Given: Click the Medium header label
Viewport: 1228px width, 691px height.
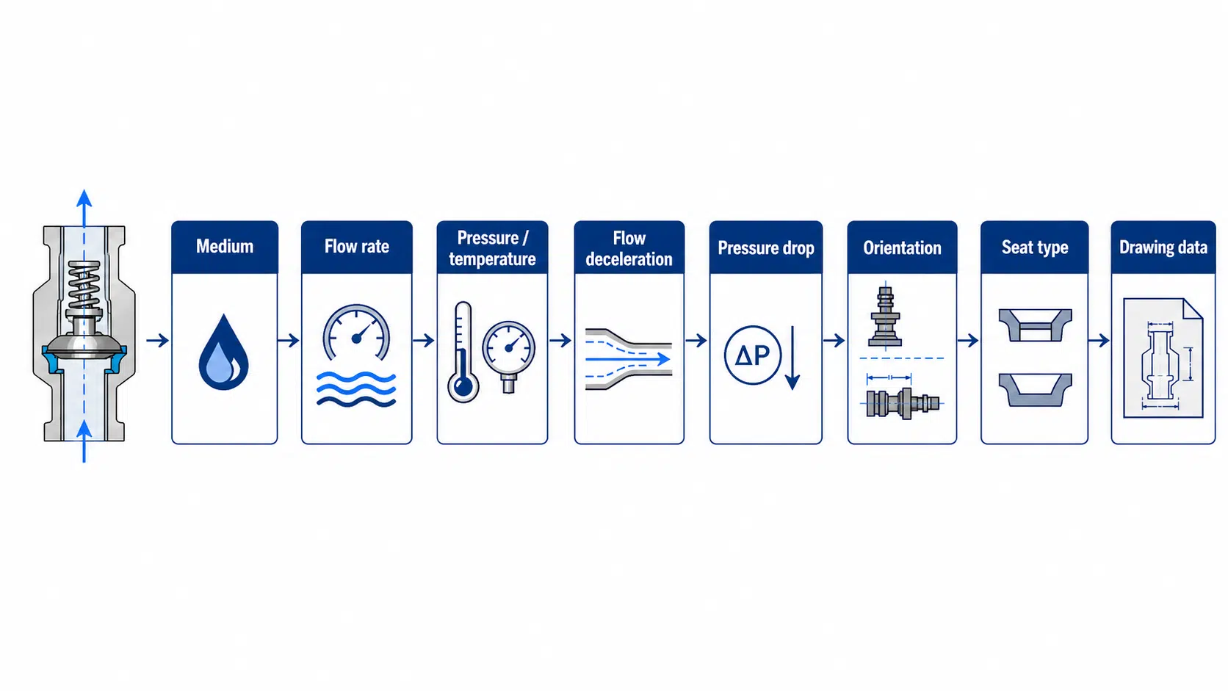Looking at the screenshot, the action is click(225, 247).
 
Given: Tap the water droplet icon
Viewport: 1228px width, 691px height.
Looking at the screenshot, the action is click(224, 352).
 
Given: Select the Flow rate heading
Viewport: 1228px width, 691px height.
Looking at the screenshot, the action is click(357, 247).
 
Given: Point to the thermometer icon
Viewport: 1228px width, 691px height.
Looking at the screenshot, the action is click(463, 352).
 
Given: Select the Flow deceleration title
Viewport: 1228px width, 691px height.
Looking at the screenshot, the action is click(629, 248).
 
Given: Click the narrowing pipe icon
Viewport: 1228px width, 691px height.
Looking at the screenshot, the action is click(629, 359).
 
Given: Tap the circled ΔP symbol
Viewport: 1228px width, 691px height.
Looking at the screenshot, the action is click(752, 355).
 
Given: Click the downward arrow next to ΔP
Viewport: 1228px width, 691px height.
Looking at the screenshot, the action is click(792, 358).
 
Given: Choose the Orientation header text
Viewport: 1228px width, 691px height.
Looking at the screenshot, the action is click(903, 247).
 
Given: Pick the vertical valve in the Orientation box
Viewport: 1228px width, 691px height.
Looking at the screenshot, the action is click(885, 316).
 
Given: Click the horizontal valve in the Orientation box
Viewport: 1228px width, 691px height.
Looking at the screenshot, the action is click(903, 404).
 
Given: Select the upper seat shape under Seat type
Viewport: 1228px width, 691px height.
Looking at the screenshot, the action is click(1035, 325).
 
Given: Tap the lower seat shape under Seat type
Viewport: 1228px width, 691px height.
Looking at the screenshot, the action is click(1035, 390).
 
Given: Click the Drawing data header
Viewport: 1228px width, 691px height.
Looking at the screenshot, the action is click(1163, 247).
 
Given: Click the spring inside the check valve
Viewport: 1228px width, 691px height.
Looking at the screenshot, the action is click(84, 285).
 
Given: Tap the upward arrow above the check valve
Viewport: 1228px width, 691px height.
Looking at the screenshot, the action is click(84, 208).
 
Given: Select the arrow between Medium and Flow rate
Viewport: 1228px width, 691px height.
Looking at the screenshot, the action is click(289, 340).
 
